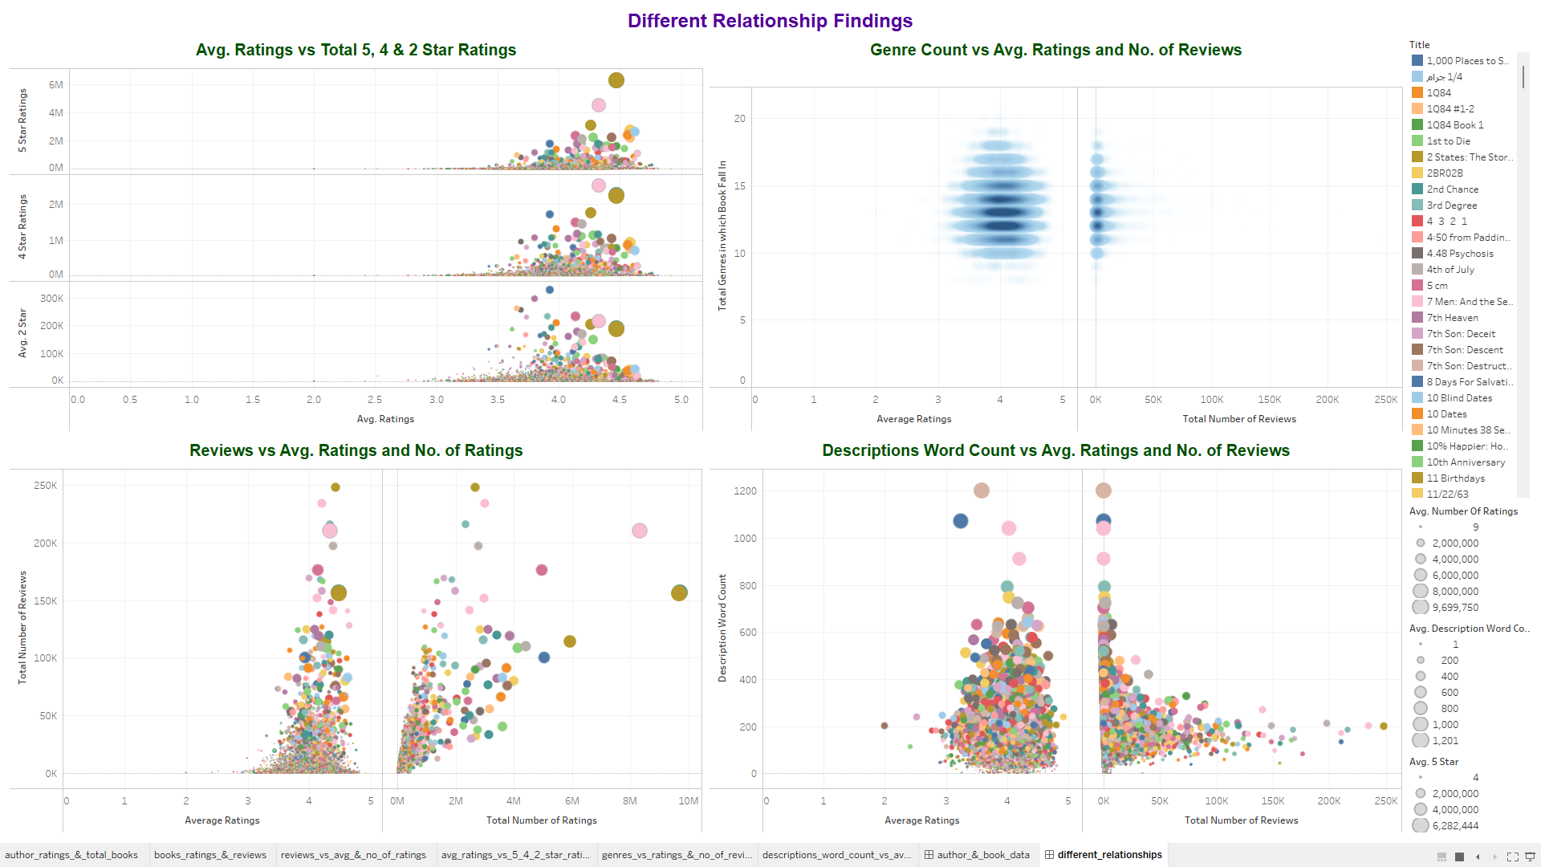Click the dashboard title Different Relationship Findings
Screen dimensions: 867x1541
[770, 21]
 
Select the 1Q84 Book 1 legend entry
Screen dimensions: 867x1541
[1454, 125]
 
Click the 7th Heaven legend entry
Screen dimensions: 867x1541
[1452, 318]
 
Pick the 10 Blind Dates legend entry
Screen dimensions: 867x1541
[1459, 398]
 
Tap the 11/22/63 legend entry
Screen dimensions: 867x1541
[1447, 495]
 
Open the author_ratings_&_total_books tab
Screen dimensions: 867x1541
[71, 855]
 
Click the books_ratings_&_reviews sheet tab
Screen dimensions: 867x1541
[209, 855]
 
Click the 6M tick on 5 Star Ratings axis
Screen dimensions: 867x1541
[55, 85]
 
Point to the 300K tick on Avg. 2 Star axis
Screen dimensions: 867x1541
[51, 299]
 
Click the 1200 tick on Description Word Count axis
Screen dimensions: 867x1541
[745, 491]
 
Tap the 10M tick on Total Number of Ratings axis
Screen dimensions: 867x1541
[688, 801]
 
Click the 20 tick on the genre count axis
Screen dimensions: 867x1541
[739, 119]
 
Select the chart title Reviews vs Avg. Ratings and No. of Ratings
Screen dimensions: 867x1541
[356, 450]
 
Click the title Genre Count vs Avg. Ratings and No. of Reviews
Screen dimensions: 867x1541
[1055, 50]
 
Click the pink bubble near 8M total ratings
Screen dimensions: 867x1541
[640, 531]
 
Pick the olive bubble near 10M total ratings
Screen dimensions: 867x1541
[679, 592]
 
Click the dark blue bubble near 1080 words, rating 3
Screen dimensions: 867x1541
[961, 521]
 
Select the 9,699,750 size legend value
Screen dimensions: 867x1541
[1454, 608]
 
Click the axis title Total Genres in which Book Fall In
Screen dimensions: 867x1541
[722, 235]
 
